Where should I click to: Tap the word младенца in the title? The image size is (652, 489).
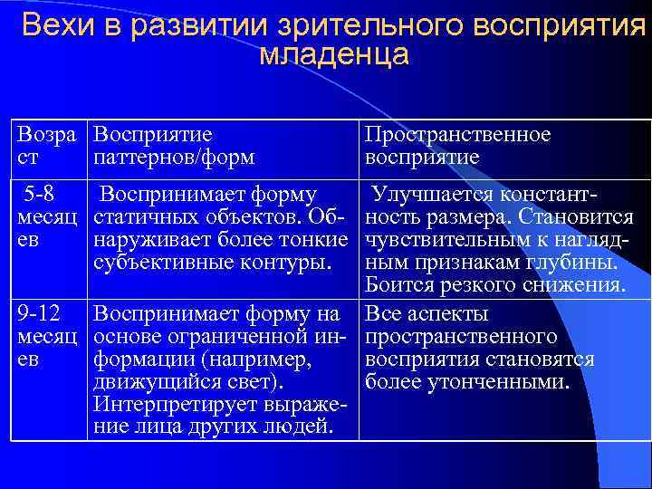click(x=333, y=56)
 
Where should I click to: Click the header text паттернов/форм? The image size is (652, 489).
click(x=174, y=157)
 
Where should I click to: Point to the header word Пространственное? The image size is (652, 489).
click(x=457, y=135)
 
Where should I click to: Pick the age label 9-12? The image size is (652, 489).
click(x=39, y=314)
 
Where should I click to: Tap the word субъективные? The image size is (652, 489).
click(x=157, y=264)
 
